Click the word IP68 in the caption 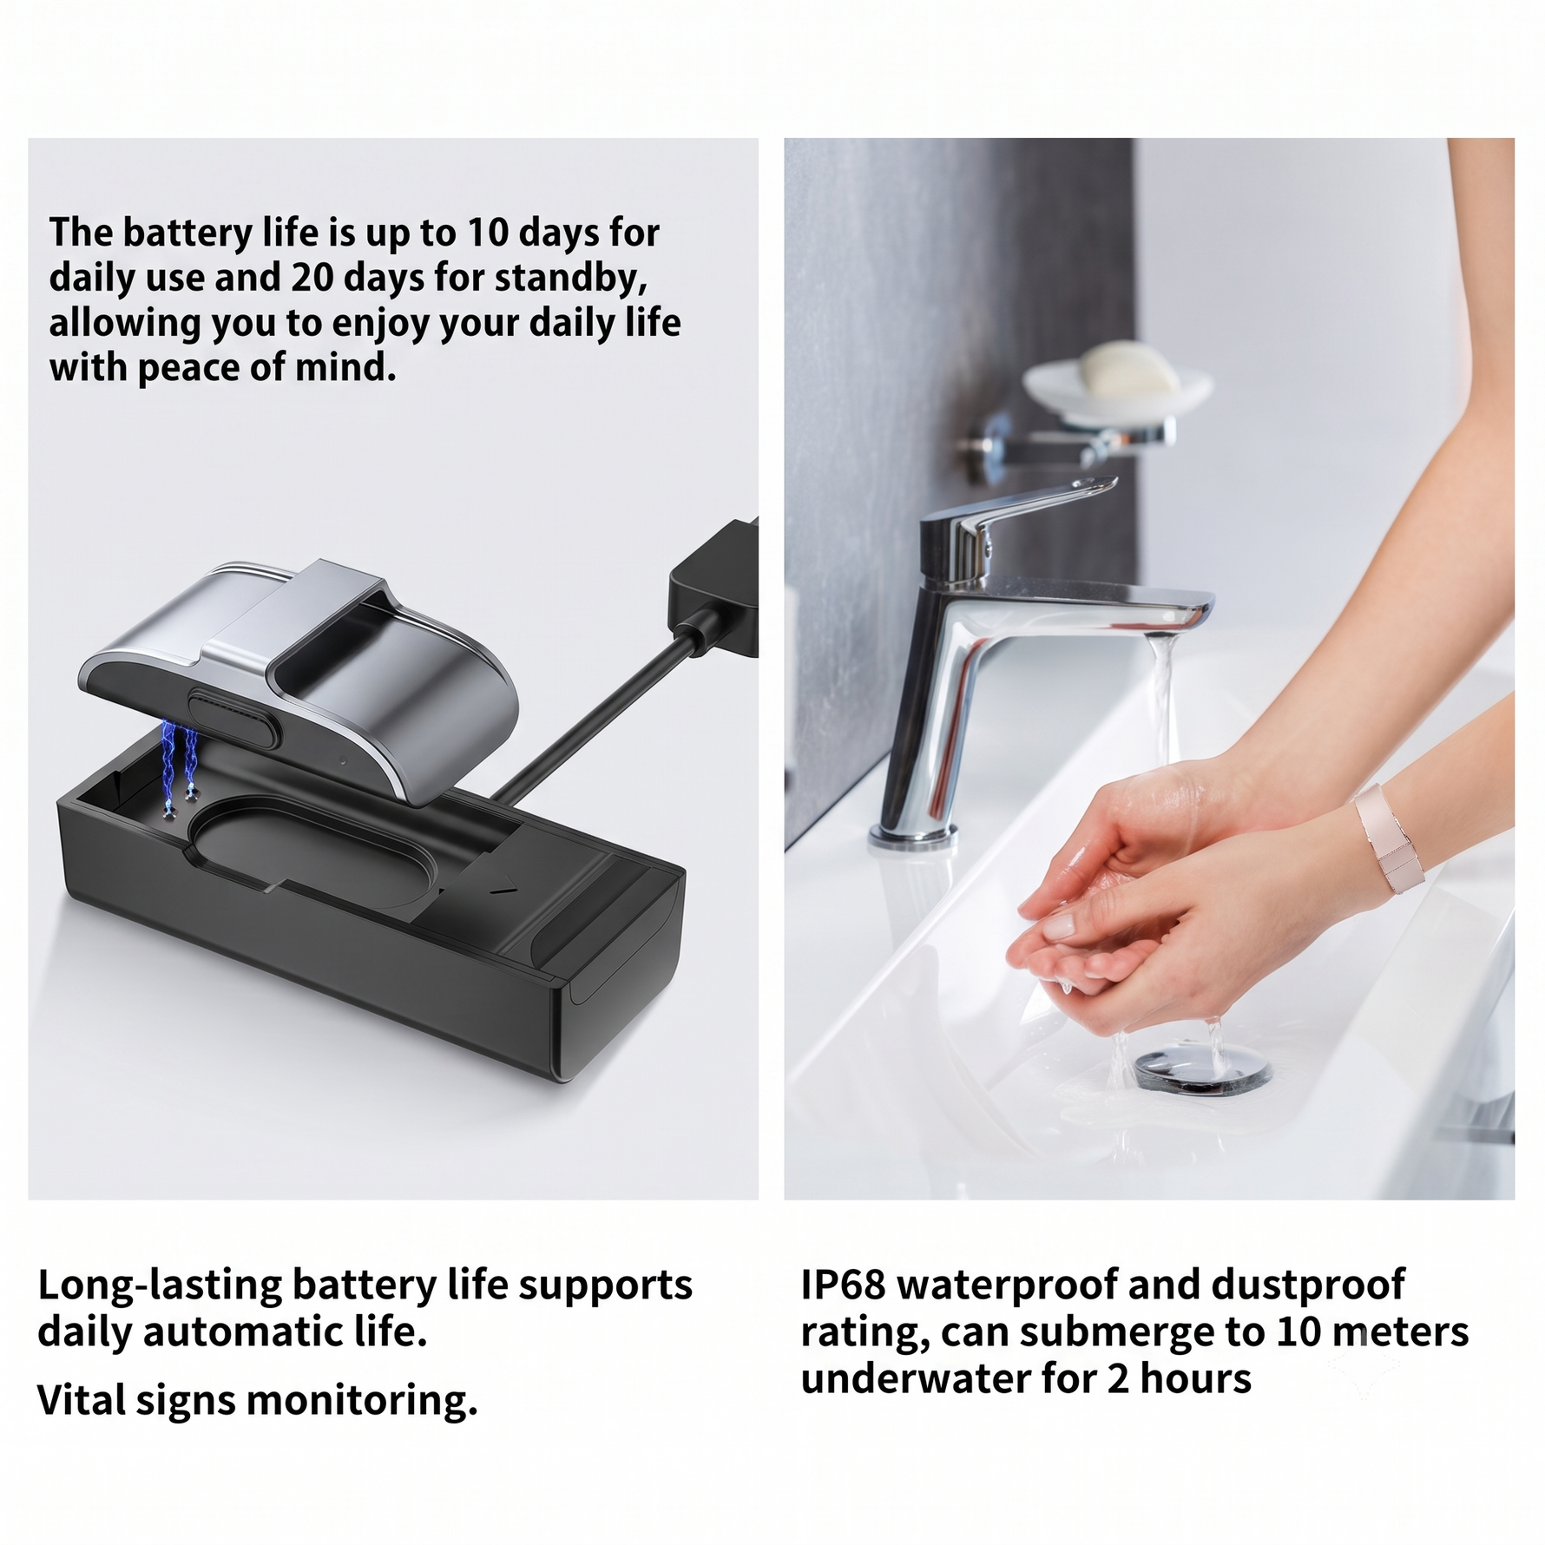click(x=843, y=1285)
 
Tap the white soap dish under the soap click(x=1117, y=396)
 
